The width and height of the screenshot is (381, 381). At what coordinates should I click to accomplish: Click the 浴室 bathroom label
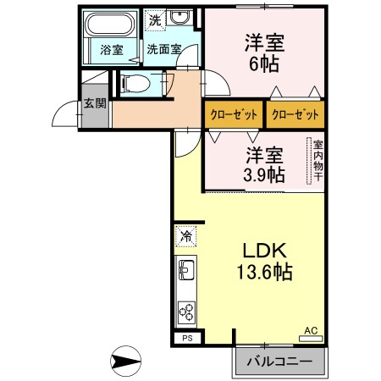tap(112, 49)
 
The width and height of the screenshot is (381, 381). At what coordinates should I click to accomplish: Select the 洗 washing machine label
tap(154, 19)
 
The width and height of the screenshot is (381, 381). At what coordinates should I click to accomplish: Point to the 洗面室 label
tap(163, 49)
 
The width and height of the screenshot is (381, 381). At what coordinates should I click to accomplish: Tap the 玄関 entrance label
tap(95, 105)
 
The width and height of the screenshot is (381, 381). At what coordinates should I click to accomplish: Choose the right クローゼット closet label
tap(295, 115)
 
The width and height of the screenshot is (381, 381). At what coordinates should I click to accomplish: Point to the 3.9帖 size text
tap(264, 174)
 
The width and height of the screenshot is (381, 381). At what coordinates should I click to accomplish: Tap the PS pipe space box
tap(185, 338)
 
